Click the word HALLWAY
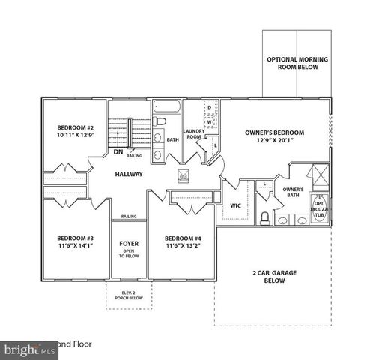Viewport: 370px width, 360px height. tap(129, 175)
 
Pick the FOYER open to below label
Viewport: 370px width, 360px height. tap(129, 248)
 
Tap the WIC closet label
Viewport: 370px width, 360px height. tap(234, 204)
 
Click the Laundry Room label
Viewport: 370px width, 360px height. tap(194, 134)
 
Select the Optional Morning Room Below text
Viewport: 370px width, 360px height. tap(297, 63)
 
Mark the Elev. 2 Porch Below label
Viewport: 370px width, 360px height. tap(128, 295)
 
